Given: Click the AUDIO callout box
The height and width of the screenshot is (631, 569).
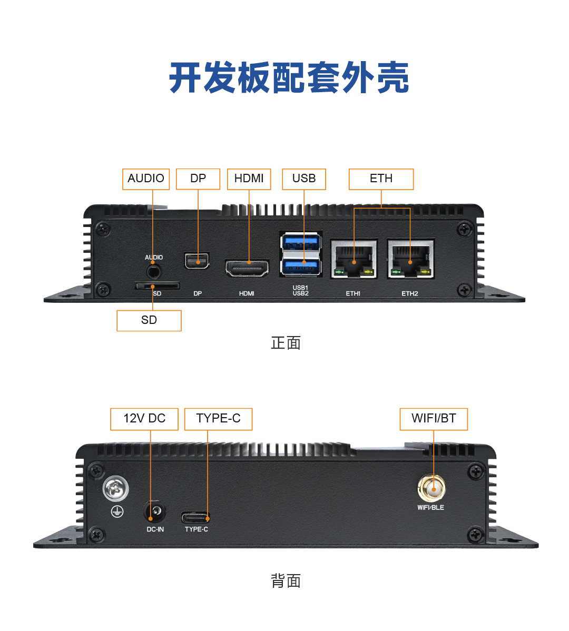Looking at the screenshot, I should [x=146, y=179].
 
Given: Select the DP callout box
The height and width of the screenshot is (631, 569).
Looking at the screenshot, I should [x=198, y=179].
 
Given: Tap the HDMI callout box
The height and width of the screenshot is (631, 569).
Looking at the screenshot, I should [x=249, y=179].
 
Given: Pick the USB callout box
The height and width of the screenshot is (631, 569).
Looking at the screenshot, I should [x=304, y=179].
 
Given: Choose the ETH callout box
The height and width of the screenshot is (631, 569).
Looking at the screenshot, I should [x=381, y=179].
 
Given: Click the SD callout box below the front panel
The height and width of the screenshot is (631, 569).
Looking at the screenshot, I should [x=149, y=320].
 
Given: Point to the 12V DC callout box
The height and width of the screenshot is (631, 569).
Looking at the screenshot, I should [x=144, y=419].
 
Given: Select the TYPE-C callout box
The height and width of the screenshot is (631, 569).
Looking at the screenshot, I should [x=218, y=419].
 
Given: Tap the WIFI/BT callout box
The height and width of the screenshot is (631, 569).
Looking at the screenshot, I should [x=434, y=419].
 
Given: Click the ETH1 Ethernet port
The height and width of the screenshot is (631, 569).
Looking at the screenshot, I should [x=354, y=259].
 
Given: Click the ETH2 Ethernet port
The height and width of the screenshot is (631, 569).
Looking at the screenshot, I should [x=410, y=259].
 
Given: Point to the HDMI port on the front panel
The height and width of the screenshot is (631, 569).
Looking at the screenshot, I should [x=247, y=268].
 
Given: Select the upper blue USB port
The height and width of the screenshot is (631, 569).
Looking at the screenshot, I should [x=301, y=243].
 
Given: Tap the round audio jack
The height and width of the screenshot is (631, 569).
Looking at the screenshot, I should [x=154, y=271].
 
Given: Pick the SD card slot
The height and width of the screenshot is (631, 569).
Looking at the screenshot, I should [x=156, y=286].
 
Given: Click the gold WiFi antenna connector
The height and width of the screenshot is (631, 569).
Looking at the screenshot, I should [x=431, y=488].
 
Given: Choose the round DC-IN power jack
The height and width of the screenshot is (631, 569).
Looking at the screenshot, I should [x=155, y=511].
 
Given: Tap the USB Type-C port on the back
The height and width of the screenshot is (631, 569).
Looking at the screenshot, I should [x=195, y=517].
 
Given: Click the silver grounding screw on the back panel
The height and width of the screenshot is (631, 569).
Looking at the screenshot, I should [x=115, y=489].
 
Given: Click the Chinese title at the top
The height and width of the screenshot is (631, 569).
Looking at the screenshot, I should [x=289, y=78].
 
